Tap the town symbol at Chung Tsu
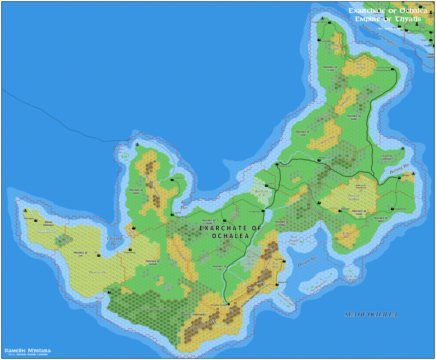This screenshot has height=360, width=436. point(172,180)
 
